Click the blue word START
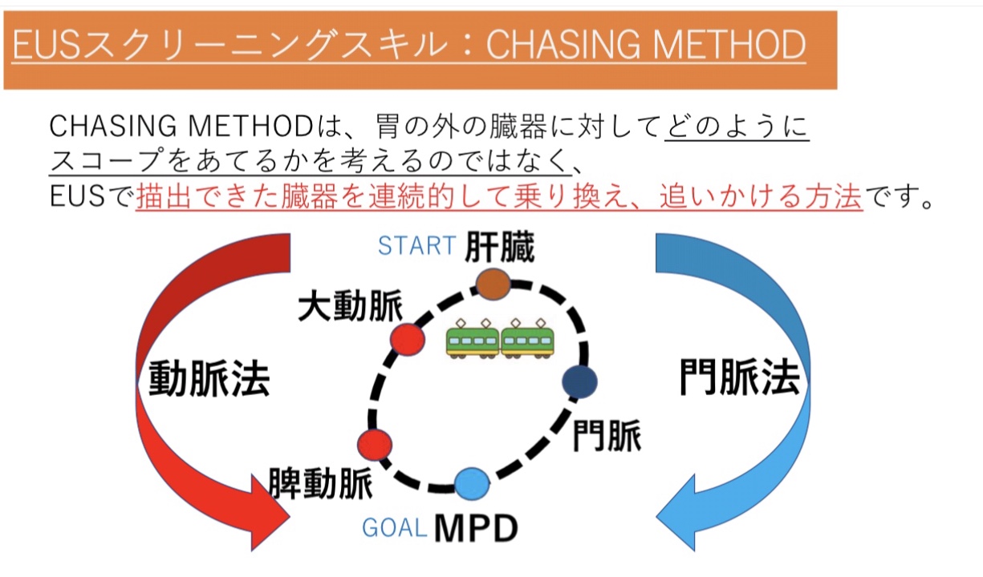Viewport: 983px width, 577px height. [x=416, y=245]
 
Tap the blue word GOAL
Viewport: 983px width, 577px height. [x=395, y=527]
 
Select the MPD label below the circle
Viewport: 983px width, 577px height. [x=476, y=528]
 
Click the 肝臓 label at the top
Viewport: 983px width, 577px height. [x=500, y=247]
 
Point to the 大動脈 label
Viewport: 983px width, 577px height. [x=350, y=306]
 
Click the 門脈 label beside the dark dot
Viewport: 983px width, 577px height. [x=607, y=436]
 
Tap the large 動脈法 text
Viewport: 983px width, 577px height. [x=209, y=378]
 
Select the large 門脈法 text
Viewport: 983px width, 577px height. [x=739, y=377]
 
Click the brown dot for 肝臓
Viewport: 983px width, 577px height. [x=494, y=284]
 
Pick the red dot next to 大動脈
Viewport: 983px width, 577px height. [x=408, y=340]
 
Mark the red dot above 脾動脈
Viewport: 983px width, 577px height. [x=375, y=445]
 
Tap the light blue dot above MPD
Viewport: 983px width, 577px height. [x=472, y=484]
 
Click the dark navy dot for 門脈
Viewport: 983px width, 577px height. [x=579, y=381]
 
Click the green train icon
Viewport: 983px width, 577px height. [x=500, y=338]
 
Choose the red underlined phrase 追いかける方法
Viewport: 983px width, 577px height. [x=761, y=196]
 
